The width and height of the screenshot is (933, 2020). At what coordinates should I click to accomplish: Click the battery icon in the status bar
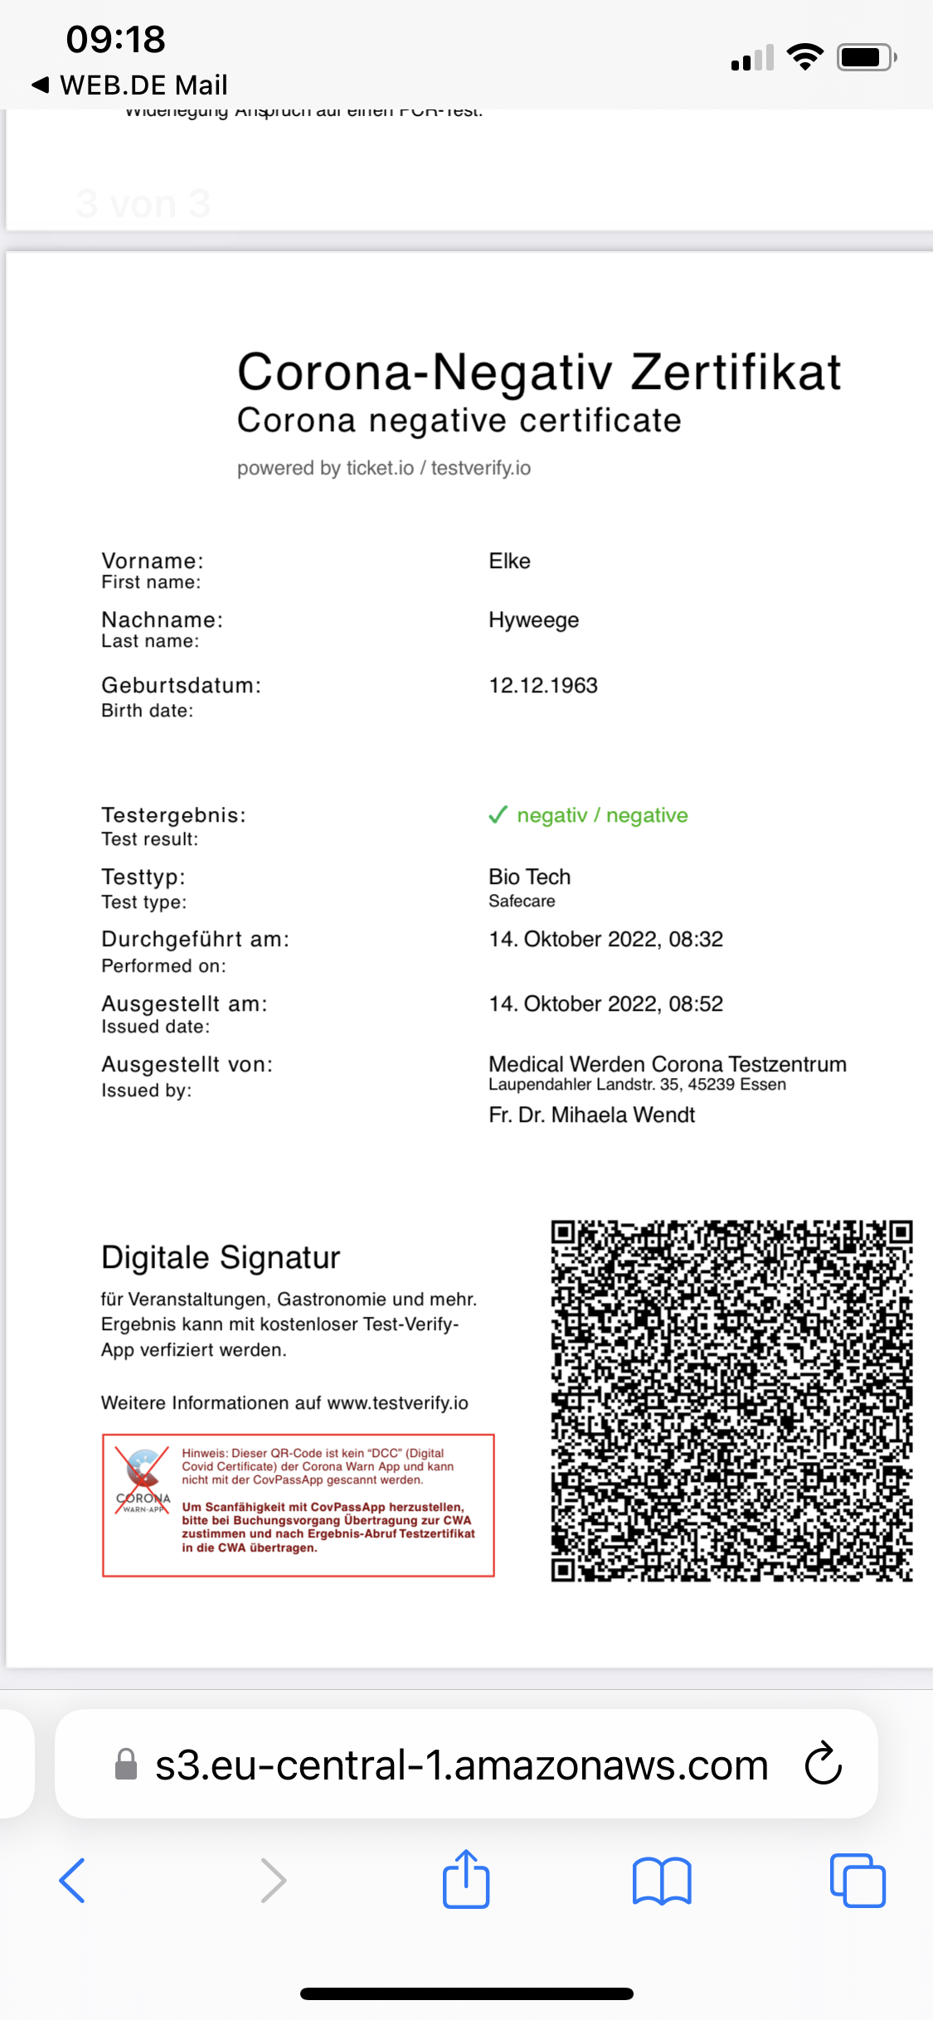[866, 57]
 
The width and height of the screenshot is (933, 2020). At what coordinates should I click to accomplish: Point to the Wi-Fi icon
[804, 57]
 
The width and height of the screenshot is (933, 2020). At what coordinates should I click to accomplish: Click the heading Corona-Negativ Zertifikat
[539, 371]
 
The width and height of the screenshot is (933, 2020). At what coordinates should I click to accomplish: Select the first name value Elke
[509, 561]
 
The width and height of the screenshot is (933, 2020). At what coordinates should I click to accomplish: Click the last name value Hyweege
[533, 620]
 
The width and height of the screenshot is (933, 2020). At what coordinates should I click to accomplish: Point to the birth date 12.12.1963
[543, 686]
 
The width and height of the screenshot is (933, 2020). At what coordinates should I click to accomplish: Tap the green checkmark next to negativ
[498, 815]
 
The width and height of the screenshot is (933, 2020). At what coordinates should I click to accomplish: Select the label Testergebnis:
[173, 815]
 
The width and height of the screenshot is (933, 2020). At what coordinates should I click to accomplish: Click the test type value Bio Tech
[529, 877]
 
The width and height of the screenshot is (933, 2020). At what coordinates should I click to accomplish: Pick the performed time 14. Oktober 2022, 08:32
[605, 940]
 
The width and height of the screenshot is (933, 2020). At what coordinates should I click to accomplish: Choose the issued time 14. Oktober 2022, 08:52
[605, 1004]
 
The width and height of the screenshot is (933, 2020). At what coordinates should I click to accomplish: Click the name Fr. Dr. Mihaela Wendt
[591, 1115]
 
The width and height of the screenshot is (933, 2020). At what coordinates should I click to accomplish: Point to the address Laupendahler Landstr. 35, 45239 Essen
[637, 1085]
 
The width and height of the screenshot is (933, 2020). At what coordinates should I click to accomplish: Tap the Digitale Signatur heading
[221, 1258]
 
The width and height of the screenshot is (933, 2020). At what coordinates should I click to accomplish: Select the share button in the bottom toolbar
[466, 1880]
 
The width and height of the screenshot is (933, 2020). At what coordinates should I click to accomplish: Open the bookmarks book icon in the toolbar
[661, 1880]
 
